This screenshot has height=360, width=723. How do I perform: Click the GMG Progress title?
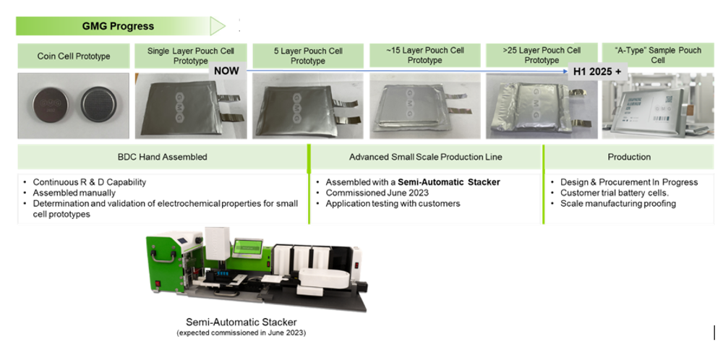point(118,26)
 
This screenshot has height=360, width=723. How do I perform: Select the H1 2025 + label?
point(596,72)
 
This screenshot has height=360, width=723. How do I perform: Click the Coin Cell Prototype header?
point(74,56)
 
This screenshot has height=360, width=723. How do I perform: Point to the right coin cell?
point(98,106)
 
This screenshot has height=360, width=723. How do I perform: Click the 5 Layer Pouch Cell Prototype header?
point(308,56)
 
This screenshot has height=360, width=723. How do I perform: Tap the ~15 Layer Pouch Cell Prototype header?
point(424,56)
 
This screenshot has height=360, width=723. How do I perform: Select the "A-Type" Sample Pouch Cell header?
point(657,56)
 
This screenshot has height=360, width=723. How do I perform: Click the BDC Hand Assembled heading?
point(163,157)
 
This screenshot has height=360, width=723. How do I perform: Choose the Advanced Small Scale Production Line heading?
point(425,157)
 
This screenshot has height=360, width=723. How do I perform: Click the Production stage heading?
point(629,157)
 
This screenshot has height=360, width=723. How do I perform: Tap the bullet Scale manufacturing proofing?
point(618,204)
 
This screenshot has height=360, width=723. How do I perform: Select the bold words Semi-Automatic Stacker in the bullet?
point(449,182)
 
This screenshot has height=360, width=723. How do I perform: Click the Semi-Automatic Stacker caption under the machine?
point(241,322)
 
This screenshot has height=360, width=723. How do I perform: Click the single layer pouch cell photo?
point(190,108)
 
